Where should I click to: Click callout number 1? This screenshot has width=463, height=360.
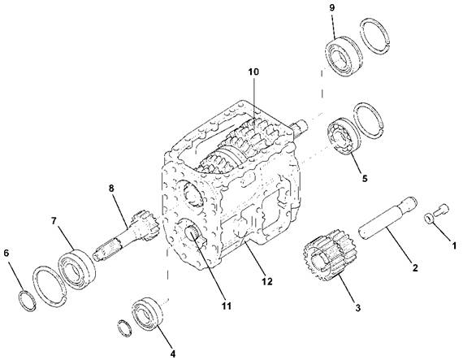454,245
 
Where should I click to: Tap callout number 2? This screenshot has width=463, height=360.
415,267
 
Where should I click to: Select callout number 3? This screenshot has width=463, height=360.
357,308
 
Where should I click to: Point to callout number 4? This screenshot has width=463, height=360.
173,353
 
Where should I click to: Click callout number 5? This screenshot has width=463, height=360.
365,178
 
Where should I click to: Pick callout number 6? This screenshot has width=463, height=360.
6,253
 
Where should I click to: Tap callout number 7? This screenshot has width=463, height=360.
54,220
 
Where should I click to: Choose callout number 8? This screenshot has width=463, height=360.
111,188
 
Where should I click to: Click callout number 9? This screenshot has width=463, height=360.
332,7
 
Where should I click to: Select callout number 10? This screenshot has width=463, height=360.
253,72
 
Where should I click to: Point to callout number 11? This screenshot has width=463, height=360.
227,306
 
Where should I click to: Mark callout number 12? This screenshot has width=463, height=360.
267,281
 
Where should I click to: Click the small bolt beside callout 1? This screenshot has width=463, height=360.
441,209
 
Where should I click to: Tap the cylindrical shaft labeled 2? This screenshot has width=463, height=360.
387,216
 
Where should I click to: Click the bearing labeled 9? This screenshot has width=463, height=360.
344,56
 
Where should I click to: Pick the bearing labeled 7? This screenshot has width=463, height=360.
77,270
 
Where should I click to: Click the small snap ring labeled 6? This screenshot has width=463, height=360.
28,301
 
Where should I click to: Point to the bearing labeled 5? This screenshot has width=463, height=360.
344,137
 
